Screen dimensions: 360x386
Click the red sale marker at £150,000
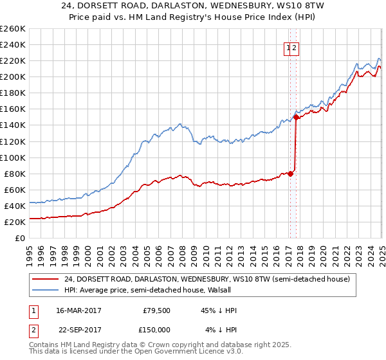click(295, 117)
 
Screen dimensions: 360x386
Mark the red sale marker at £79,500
click(291, 173)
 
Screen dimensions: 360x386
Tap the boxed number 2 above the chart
click(295, 47)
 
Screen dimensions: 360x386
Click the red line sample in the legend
click(44, 279)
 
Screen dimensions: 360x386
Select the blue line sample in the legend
click(44, 290)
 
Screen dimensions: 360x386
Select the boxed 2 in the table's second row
click(32, 329)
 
